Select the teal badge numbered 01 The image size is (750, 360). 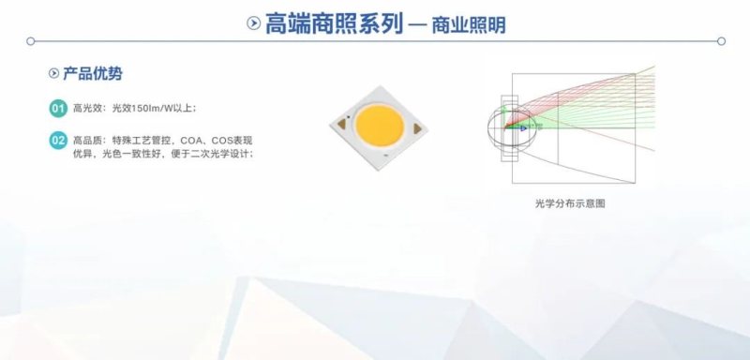pos(57,108)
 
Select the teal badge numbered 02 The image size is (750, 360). pos(57,140)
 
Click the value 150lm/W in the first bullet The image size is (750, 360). pos(147,108)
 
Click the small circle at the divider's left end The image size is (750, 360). pos(30,41)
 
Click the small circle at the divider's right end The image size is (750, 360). pos(721,41)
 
